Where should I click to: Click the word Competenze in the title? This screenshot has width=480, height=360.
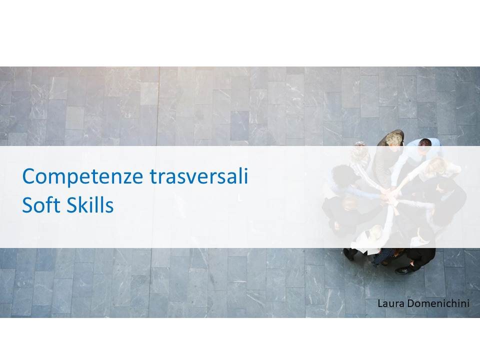point(82,176)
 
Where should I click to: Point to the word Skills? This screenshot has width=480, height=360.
point(90,204)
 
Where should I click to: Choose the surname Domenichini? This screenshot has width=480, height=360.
point(438,303)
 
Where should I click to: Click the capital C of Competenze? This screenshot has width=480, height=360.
point(29,176)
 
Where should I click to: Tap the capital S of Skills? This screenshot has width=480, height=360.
point(72,205)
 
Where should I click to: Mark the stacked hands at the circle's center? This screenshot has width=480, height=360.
point(389,193)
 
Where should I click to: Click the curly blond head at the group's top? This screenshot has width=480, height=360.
point(393,139)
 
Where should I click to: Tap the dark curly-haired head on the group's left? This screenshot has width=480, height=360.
point(342,175)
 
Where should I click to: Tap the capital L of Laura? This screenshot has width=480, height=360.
point(380,303)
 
